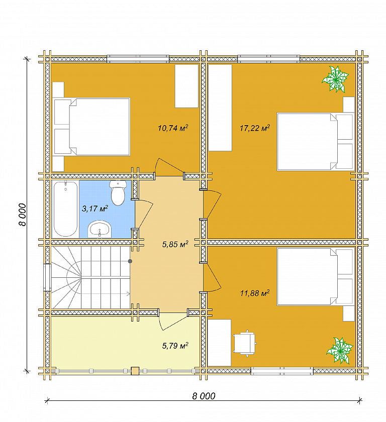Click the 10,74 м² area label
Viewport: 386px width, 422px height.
173,128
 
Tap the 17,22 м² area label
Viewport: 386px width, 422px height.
255,128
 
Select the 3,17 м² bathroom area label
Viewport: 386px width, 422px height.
95,208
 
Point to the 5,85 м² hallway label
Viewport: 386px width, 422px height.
175,244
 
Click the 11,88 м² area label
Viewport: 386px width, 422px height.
255,293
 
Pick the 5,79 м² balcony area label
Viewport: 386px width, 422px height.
175,345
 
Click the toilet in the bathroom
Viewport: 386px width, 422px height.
118,192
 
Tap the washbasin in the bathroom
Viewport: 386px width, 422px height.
100,229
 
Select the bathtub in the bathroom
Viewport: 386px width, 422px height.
65,209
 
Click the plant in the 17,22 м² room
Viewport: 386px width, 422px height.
335,79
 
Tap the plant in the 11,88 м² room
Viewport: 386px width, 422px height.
340,351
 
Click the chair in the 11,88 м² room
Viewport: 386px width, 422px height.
245,344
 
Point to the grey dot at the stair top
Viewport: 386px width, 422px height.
130,261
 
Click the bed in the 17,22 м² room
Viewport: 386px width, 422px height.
315,142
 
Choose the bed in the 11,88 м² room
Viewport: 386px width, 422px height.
315,277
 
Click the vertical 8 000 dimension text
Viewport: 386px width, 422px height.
23,215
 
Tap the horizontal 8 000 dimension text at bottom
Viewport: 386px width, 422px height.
204,396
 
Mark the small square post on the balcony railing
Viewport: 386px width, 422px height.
135,371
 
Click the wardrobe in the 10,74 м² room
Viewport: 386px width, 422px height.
186,86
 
